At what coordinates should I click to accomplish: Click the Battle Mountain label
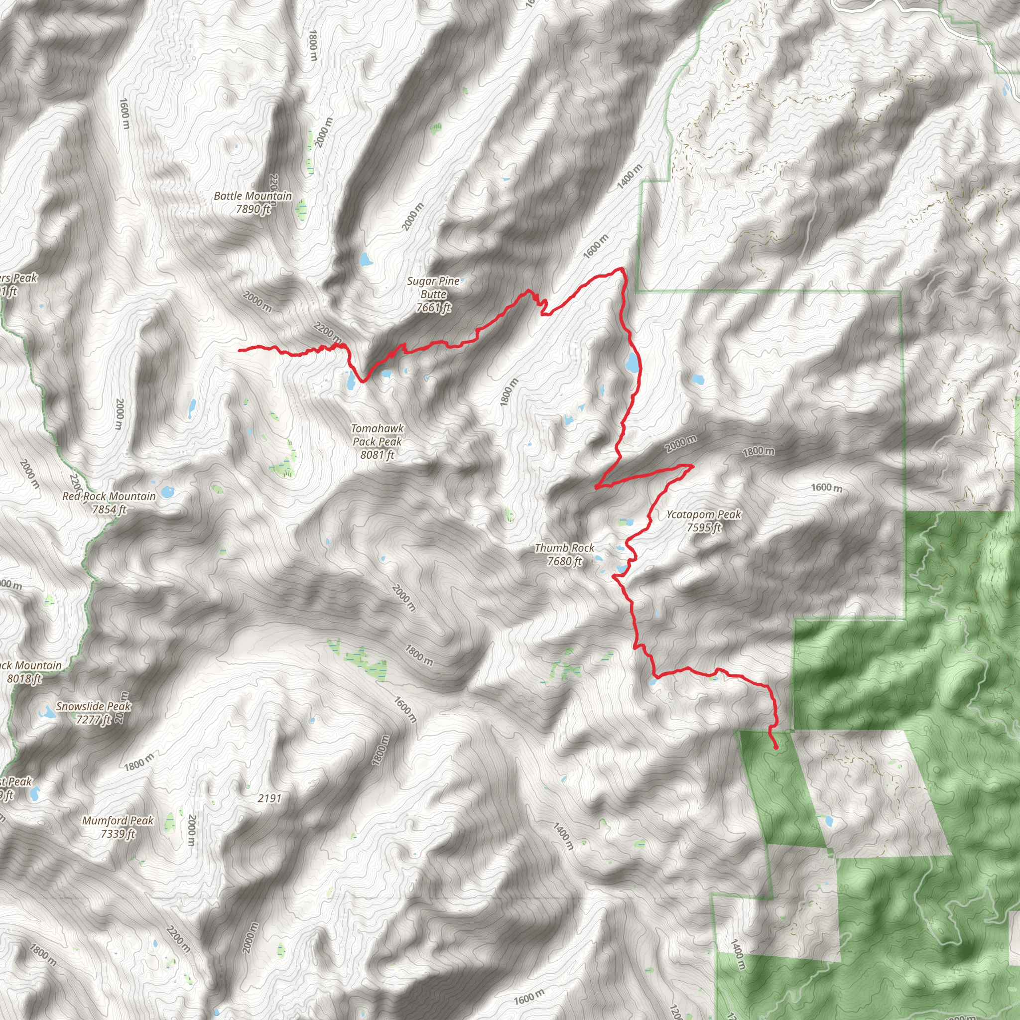pos(253,196)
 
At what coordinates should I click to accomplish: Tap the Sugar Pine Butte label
pos(433,288)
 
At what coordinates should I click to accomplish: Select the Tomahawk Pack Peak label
pos(378,435)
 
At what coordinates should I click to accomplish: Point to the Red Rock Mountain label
pos(109,496)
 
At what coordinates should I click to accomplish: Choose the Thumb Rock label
pos(564,548)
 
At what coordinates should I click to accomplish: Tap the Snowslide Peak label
pos(94,706)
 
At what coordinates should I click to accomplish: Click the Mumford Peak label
pos(118,820)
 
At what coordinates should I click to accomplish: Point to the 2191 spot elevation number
pos(269,798)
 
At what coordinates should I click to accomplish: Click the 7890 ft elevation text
pos(253,209)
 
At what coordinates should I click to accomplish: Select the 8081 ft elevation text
pos(378,455)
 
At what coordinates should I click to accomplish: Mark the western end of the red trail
pos(240,350)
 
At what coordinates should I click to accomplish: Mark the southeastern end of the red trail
pos(776,748)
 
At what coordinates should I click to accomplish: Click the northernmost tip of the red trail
pos(622,269)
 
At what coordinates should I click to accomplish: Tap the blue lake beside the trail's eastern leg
pos(632,363)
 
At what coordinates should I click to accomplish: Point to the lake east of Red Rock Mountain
pos(167,492)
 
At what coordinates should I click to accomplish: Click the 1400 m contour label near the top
pos(630,177)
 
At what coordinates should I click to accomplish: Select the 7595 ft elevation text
pos(704,527)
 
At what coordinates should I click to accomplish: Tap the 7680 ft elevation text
pos(564,561)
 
